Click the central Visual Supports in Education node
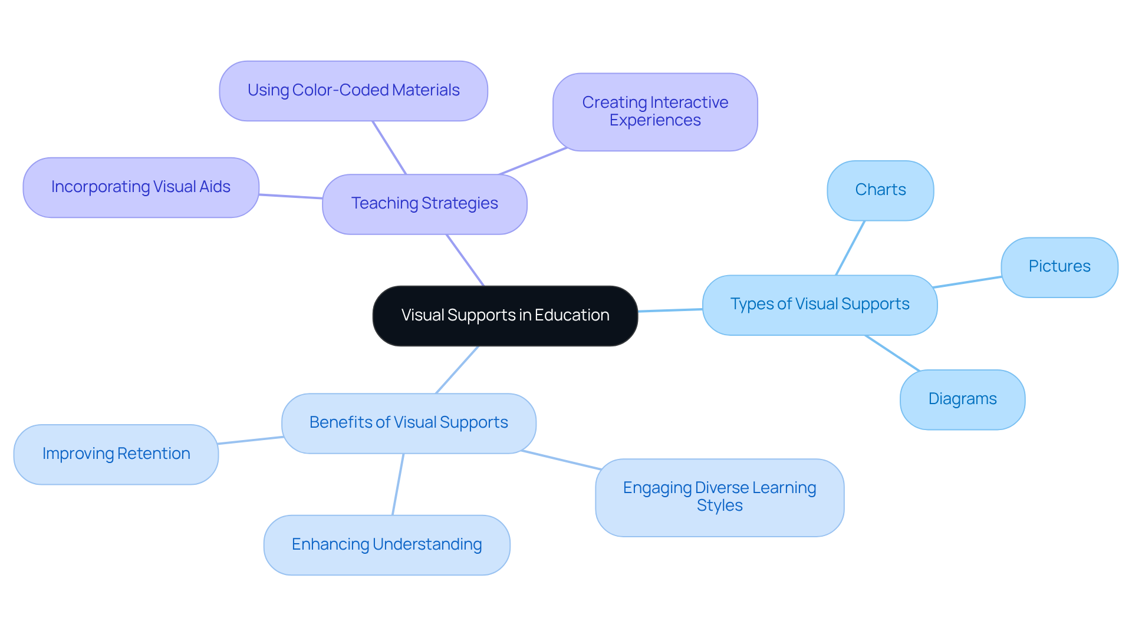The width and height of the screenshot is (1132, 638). [x=505, y=316]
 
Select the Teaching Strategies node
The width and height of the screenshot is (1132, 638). [x=424, y=204]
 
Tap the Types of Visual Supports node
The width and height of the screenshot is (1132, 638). [x=820, y=305]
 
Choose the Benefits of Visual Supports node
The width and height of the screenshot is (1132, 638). [x=409, y=423]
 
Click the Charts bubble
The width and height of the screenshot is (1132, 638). [x=880, y=190]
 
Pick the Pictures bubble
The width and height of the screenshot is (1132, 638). [x=1059, y=267]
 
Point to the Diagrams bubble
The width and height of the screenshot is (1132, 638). [x=962, y=399]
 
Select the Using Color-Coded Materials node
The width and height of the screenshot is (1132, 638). [x=353, y=91]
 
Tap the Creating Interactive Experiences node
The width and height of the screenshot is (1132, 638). [x=655, y=111]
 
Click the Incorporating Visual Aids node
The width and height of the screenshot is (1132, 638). [x=141, y=187]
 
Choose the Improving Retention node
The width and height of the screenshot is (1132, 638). [x=116, y=454]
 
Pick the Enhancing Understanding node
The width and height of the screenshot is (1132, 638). [x=387, y=545]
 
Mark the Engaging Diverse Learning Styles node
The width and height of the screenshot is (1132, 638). [x=719, y=497]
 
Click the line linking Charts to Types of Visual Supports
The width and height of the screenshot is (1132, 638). [x=850, y=248]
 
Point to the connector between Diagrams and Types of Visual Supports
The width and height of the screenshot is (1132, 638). [x=892, y=353]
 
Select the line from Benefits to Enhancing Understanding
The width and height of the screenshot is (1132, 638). [x=398, y=484]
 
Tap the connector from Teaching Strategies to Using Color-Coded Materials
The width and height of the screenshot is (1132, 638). [x=389, y=148]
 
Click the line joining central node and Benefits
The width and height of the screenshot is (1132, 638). [x=457, y=369]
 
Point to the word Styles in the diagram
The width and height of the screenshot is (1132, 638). [x=719, y=506]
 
